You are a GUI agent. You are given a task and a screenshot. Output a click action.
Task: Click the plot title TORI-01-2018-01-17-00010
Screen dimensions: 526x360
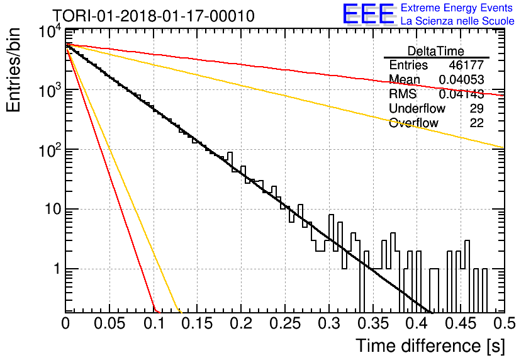[x=154, y=16]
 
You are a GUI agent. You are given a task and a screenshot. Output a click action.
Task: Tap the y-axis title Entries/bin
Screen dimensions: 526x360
[x=13, y=70]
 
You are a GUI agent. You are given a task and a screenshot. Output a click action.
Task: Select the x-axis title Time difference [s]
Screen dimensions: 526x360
[x=430, y=346]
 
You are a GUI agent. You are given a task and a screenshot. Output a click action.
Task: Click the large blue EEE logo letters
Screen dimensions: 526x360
[x=369, y=14]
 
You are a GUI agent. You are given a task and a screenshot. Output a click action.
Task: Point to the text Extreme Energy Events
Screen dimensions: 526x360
[x=457, y=8]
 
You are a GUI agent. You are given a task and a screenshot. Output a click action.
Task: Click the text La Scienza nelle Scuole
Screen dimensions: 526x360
[x=457, y=21]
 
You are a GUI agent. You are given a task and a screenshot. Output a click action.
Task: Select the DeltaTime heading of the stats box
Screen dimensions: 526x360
[x=436, y=51]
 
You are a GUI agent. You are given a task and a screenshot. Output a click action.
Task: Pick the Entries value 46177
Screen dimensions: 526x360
[x=466, y=65]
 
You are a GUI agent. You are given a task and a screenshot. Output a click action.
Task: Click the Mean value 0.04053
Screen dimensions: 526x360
[x=461, y=79]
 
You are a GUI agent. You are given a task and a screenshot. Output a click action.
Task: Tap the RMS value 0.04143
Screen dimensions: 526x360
[x=461, y=94]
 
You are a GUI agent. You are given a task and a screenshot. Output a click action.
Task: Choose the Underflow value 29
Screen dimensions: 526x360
[x=477, y=108]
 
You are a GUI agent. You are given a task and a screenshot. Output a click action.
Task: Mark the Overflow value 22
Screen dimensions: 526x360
[x=477, y=123]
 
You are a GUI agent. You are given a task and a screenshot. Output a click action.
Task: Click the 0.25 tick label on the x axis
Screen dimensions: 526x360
[x=285, y=323]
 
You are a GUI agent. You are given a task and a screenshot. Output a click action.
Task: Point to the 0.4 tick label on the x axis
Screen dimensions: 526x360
[x=417, y=323]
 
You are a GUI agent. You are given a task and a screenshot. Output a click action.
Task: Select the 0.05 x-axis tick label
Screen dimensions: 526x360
[x=109, y=323]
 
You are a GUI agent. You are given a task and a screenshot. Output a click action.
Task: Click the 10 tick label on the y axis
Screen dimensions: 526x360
[x=53, y=210]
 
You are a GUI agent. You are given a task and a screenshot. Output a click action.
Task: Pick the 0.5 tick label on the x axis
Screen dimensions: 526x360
[x=505, y=323]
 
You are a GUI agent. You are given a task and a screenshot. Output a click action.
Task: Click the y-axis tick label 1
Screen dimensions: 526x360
[x=57, y=269]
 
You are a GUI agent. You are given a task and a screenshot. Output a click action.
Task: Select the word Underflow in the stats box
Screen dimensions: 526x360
[x=417, y=108]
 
